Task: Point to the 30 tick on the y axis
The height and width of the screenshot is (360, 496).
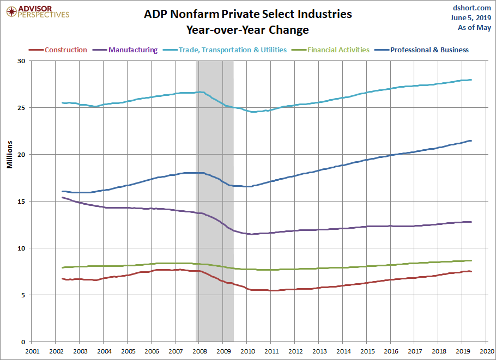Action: pos(22,61)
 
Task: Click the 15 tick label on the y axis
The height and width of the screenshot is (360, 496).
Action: pos(22,202)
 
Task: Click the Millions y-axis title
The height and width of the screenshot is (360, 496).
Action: pos(10,155)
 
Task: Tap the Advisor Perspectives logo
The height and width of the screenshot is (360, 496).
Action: pos(38,11)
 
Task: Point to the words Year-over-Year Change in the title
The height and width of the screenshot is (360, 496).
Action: pos(247,30)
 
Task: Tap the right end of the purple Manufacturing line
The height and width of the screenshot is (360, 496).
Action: pos(470,222)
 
